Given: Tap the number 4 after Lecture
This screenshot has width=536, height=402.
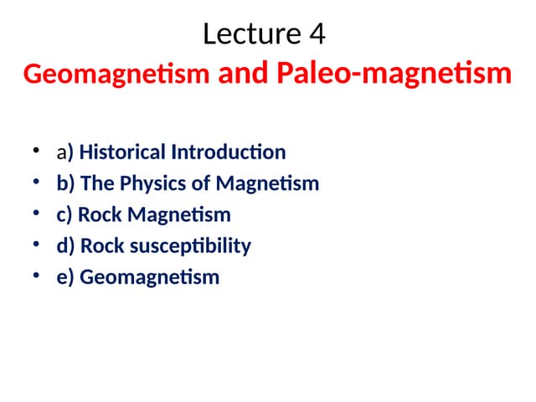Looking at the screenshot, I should [316, 34].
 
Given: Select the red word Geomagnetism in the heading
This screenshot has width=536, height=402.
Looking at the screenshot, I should [116, 75].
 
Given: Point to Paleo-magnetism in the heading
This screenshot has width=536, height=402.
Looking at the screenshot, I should [393, 74].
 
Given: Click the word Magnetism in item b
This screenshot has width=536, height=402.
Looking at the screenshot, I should [268, 183].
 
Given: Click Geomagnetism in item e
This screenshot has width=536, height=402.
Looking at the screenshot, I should [149, 277].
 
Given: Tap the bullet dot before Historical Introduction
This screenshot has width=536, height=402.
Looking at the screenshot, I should [36, 152].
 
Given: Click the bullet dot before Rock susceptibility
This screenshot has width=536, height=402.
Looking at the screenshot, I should [36, 245].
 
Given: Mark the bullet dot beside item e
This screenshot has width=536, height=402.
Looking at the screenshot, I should [36, 276].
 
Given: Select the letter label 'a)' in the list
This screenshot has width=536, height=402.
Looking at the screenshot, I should [65, 153].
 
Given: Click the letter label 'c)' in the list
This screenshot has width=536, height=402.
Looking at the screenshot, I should [64, 215].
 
